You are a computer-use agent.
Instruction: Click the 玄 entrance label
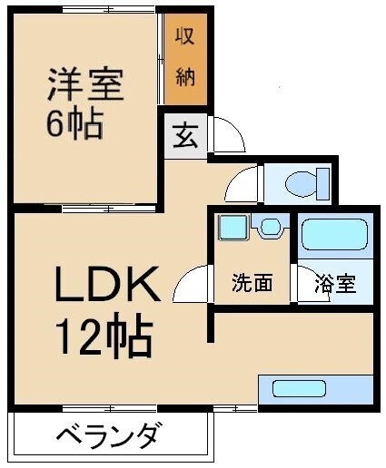click(185, 137)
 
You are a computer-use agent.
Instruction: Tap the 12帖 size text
click(104, 337)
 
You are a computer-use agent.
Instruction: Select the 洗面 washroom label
click(252, 284)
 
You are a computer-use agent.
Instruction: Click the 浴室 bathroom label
click(335, 284)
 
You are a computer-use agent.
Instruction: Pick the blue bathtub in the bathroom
click(334, 235)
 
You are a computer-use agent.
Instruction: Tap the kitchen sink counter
click(315, 388)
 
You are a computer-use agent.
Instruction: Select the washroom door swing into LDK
click(193, 288)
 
